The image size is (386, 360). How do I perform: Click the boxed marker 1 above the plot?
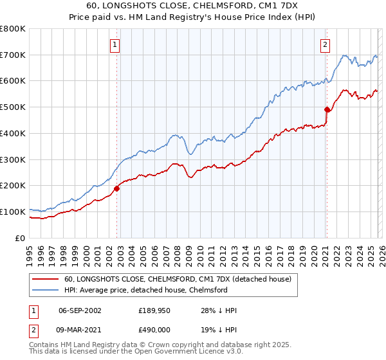[115, 45]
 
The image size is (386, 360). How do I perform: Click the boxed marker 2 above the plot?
[326, 45]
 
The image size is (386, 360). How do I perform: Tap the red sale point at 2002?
[117, 188]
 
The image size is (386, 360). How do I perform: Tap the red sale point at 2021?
[327, 109]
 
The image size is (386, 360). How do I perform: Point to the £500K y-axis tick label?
[13, 107]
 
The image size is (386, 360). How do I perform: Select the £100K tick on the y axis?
[13, 212]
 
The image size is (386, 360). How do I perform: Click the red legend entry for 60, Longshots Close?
[178, 279]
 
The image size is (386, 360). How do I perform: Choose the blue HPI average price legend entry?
[145, 290]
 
